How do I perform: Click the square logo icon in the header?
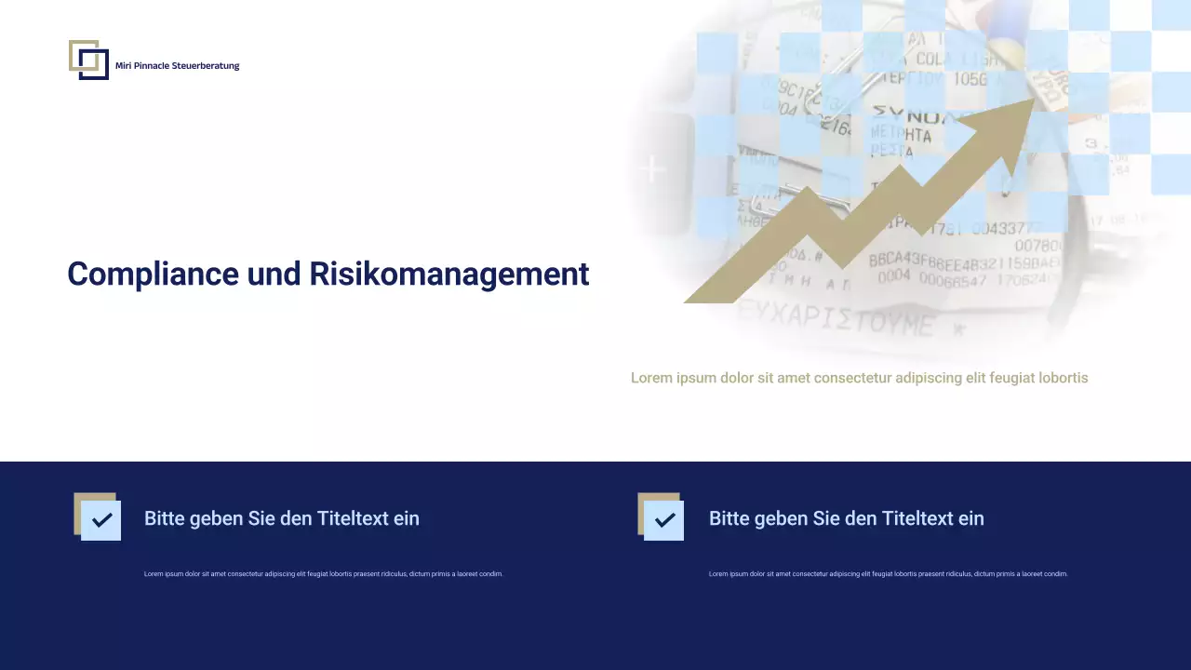tap(88, 60)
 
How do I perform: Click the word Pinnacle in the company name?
tap(152, 66)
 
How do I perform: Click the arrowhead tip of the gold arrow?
tap(1031, 102)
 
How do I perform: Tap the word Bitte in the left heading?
tap(164, 518)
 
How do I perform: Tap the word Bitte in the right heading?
tap(729, 518)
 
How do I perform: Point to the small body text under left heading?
tap(323, 574)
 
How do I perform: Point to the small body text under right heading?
tap(888, 574)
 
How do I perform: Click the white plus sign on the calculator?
tap(654, 169)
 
